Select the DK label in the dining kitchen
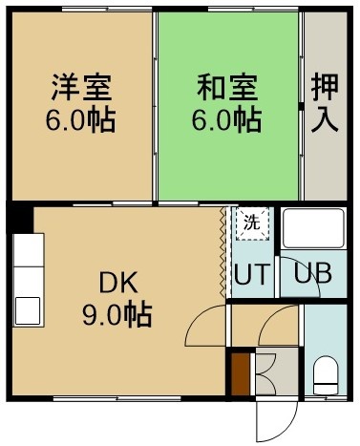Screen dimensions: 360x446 (x=118, y=283)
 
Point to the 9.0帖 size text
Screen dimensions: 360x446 (x=117, y=314)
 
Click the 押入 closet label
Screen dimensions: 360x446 (x=325, y=102)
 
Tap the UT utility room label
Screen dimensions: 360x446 (x=252, y=274)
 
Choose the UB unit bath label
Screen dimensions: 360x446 (x=312, y=273)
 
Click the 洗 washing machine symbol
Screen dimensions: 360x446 (x=252, y=223)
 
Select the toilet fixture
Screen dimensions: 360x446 (x=326, y=375)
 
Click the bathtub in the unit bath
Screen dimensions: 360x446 (x=313, y=228)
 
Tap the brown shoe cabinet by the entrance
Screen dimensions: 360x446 (x=241, y=374)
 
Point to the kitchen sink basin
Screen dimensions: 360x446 (x=28, y=310)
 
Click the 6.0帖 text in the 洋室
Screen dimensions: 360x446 (x=80, y=120)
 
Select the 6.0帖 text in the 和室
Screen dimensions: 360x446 (x=226, y=120)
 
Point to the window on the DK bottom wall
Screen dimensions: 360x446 (x=117, y=398)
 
